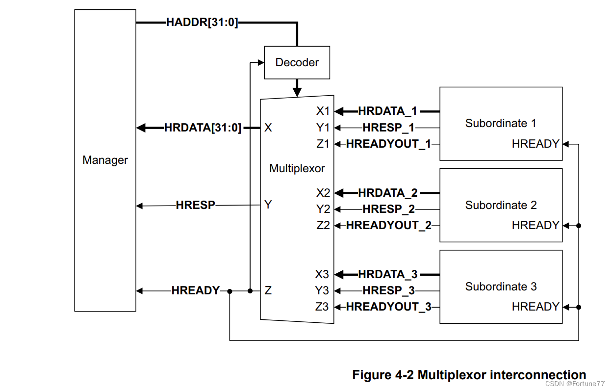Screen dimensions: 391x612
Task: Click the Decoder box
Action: pos(297,62)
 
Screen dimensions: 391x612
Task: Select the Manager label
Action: pos(105,160)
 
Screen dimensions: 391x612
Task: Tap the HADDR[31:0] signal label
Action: pos(202,22)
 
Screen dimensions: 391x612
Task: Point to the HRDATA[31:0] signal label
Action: pos(203,128)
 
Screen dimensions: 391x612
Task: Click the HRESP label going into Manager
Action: pos(195,205)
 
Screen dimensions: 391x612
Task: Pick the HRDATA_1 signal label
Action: pos(387,111)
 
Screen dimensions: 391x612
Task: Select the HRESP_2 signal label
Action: pos(388,209)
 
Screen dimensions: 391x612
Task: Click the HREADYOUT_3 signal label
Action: pos(388,307)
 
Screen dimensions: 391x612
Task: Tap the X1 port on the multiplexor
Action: pos(323,111)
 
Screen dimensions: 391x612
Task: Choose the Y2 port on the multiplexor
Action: pos(323,209)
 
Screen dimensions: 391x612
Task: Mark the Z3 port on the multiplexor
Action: pos(322,307)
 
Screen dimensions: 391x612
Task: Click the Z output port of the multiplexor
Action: pos(268,290)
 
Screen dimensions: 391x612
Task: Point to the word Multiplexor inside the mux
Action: pos(297,168)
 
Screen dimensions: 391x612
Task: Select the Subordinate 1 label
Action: pos(501,123)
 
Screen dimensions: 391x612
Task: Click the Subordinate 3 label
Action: pos(501,287)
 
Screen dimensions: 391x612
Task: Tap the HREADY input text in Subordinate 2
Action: pos(535,225)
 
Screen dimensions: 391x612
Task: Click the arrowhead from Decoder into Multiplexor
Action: pos(297,92)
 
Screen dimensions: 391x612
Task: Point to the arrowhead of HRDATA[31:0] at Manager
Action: pos(141,128)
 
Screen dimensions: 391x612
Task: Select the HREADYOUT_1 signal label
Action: pos(388,144)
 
